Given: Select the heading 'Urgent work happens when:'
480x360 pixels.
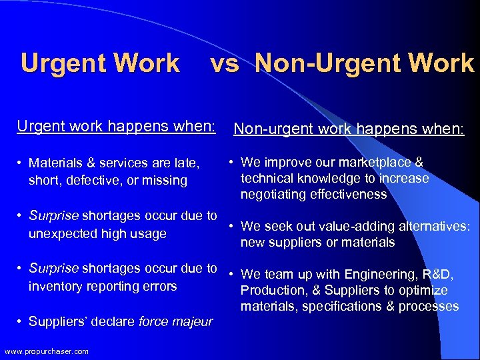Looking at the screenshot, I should [117, 125].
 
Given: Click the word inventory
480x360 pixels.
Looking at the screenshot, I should [55, 287].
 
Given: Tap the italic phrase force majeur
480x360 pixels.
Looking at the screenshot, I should [175, 322].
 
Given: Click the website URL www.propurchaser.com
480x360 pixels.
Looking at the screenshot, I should [46, 352].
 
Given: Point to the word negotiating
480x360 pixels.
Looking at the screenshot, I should [273, 195].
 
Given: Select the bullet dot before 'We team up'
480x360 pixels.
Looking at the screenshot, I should [230, 274].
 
